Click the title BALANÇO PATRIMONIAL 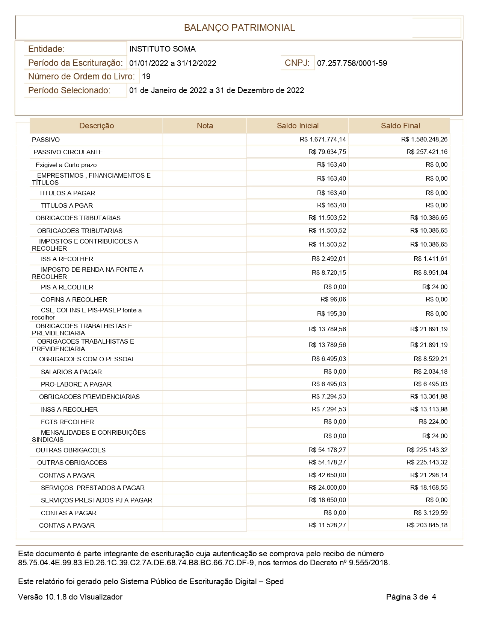239,27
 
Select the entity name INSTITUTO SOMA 162,49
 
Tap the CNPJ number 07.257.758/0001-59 352,63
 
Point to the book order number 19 146,76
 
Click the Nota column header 205,126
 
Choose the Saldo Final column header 400,126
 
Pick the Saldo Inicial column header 298,126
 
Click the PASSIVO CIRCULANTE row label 68,152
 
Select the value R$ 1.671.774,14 323,140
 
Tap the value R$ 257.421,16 427,152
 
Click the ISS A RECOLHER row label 67,259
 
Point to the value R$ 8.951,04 430,272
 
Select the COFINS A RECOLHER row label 74,300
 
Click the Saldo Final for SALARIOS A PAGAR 430,371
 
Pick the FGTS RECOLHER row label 67,422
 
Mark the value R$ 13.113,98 429,409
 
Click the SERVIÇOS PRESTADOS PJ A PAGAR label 97,500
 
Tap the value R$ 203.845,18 427,525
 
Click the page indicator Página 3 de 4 411,597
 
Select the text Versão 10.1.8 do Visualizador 70,597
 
